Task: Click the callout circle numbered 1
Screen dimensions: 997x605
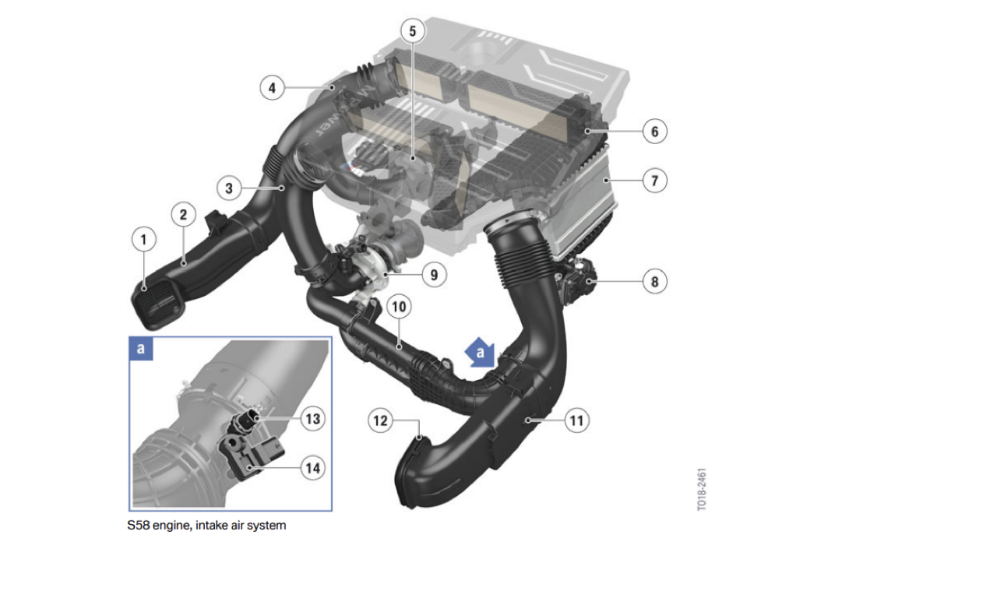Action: click(144, 239)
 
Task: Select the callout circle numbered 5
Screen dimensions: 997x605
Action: click(413, 31)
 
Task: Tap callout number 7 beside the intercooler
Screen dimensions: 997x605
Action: click(655, 181)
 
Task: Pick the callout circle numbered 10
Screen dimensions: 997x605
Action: click(399, 307)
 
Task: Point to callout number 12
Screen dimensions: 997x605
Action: click(381, 420)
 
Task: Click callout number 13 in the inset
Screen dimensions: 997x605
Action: click(313, 419)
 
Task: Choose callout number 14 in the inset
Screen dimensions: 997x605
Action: click(313, 468)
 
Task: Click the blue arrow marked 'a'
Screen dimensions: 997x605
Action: click(480, 353)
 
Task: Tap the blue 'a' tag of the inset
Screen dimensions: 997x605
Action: click(141, 349)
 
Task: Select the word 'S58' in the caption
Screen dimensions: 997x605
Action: click(138, 526)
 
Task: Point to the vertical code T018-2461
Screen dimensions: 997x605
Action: click(702, 489)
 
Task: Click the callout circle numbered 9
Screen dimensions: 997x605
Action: click(434, 275)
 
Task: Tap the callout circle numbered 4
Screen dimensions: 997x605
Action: click(272, 88)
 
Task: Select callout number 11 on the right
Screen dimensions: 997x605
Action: click(577, 420)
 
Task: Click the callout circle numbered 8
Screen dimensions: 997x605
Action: click(655, 282)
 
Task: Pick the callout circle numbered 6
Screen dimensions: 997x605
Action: click(655, 132)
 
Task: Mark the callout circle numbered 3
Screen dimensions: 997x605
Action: click(229, 188)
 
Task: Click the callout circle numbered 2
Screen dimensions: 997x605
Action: click(183, 214)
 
